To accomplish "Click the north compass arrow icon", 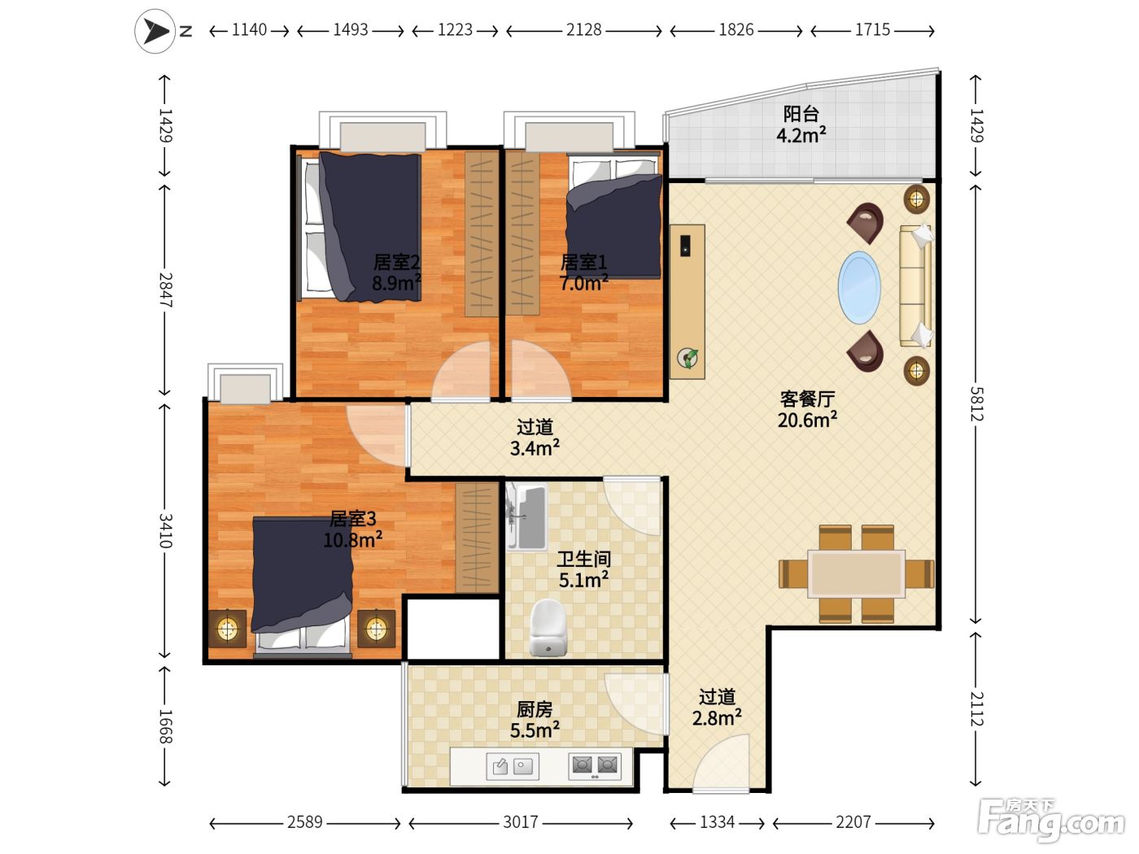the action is (x=155, y=31).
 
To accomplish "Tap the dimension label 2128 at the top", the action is (x=584, y=30).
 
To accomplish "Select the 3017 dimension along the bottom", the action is (x=521, y=822).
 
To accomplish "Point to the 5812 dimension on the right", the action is (x=976, y=404).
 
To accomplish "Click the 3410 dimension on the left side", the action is (x=165, y=531).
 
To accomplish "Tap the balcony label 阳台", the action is (x=801, y=114).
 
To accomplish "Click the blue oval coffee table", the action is (x=859, y=288).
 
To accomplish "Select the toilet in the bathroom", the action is (x=548, y=627).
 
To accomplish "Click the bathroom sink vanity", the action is (x=527, y=516).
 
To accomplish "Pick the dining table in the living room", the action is (x=856, y=573).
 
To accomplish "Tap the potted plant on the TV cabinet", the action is (x=687, y=358).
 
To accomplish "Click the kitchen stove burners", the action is (x=595, y=765).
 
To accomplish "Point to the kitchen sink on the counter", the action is (x=513, y=766).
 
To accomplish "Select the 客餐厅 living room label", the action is (x=807, y=399).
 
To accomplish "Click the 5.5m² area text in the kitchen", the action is (x=535, y=730).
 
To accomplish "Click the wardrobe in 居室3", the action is (x=477, y=538).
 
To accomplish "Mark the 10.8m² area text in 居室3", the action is (x=353, y=540).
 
